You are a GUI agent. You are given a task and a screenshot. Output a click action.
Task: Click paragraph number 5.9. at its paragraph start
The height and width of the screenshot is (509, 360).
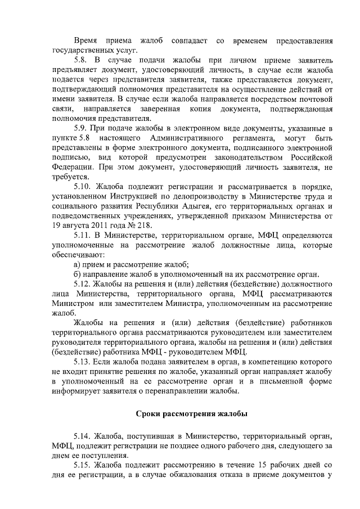pyautogui.click(x=83, y=129)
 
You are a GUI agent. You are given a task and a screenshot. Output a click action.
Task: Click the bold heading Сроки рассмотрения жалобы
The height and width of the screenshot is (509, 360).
pyautogui.click(x=192, y=415)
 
